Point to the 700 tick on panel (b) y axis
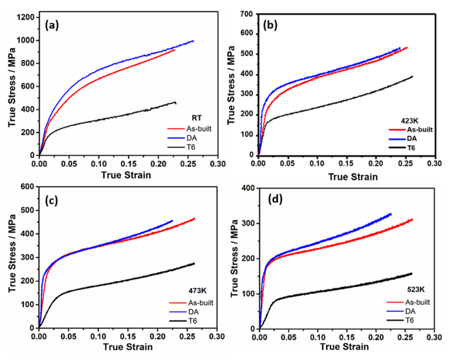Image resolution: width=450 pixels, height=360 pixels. coord(247,14)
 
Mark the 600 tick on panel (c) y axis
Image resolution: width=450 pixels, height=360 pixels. coord(27,187)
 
